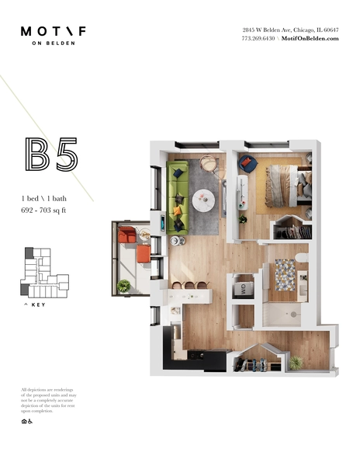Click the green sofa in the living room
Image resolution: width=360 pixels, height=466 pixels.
click(178, 196)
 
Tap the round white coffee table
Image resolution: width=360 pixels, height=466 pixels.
click(204, 201)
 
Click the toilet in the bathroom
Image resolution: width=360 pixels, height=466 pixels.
click(302, 257)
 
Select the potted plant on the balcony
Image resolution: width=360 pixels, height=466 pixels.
click(124, 286)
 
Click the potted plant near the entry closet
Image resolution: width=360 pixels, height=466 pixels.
click(295, 362)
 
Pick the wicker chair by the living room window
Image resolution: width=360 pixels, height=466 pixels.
click(208, 164)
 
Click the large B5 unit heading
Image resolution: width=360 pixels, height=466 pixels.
click(51, 155)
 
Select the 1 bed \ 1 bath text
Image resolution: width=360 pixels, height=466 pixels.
click(44, 199)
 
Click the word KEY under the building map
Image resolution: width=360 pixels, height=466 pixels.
click(37, 305)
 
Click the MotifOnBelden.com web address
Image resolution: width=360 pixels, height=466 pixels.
click(310, 38)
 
